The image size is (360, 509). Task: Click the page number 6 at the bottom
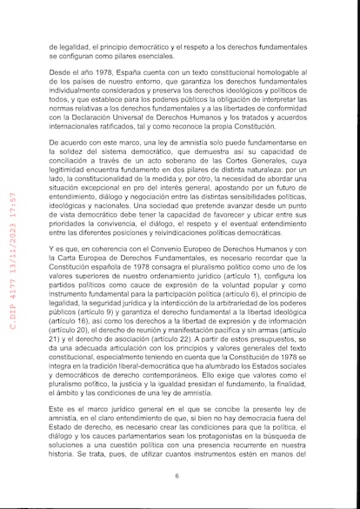coord(177,476)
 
